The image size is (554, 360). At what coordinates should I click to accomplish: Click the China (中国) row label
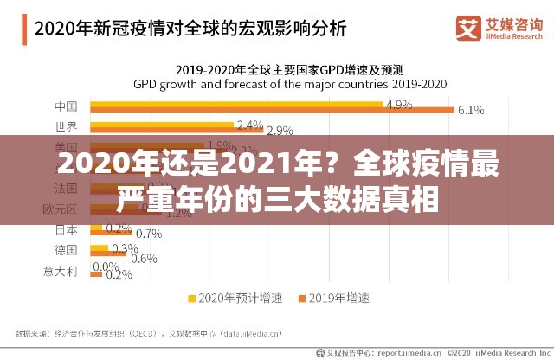click(x=66, y=107)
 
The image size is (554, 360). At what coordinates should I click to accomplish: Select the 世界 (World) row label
click(x=66, y=127)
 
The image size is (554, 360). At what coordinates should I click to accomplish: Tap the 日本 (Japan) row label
click(x=66, y=229)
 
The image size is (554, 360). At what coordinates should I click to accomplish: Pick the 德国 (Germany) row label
click(x=66, y=249)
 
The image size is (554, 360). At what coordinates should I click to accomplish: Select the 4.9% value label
click(x=399, y=103)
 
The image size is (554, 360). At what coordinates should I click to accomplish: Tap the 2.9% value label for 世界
click(x=280, y=131)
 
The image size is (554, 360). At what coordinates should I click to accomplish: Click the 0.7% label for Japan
click(x=149, y=234)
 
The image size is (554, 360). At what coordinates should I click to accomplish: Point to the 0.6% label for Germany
click(x=144, y=258)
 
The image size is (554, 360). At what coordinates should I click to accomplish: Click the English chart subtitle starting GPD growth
click(x=289, y=85)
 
